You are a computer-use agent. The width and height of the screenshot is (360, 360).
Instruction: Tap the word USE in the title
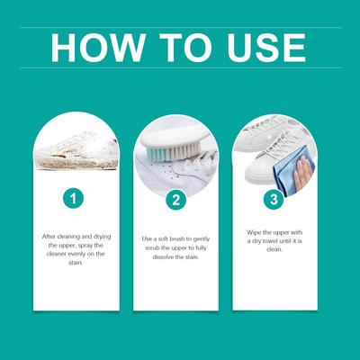point(266,48)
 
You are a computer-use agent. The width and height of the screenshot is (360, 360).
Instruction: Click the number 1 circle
point(73,198)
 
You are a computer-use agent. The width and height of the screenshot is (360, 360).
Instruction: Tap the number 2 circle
point(176,200)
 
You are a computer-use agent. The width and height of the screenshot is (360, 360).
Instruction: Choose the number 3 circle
point(274,199)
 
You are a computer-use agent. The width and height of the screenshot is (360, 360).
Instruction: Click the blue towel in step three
point(288,171)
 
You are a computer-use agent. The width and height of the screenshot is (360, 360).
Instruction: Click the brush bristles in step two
point(172,151)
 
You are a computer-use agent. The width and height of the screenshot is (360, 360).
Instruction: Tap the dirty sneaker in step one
point(76,151)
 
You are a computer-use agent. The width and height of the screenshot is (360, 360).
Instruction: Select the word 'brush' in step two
point(177,239)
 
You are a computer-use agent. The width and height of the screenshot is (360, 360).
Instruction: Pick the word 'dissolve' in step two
point(163,257)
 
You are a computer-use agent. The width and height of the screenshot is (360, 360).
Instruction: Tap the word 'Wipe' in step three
point(254,232)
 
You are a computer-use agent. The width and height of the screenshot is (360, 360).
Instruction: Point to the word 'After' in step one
point(49,237)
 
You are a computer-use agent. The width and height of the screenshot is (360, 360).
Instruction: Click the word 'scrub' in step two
point(152,248)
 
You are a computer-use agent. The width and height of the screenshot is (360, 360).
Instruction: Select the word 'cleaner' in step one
point(57,254)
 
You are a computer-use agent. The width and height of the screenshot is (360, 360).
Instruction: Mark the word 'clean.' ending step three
point(274,249)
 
